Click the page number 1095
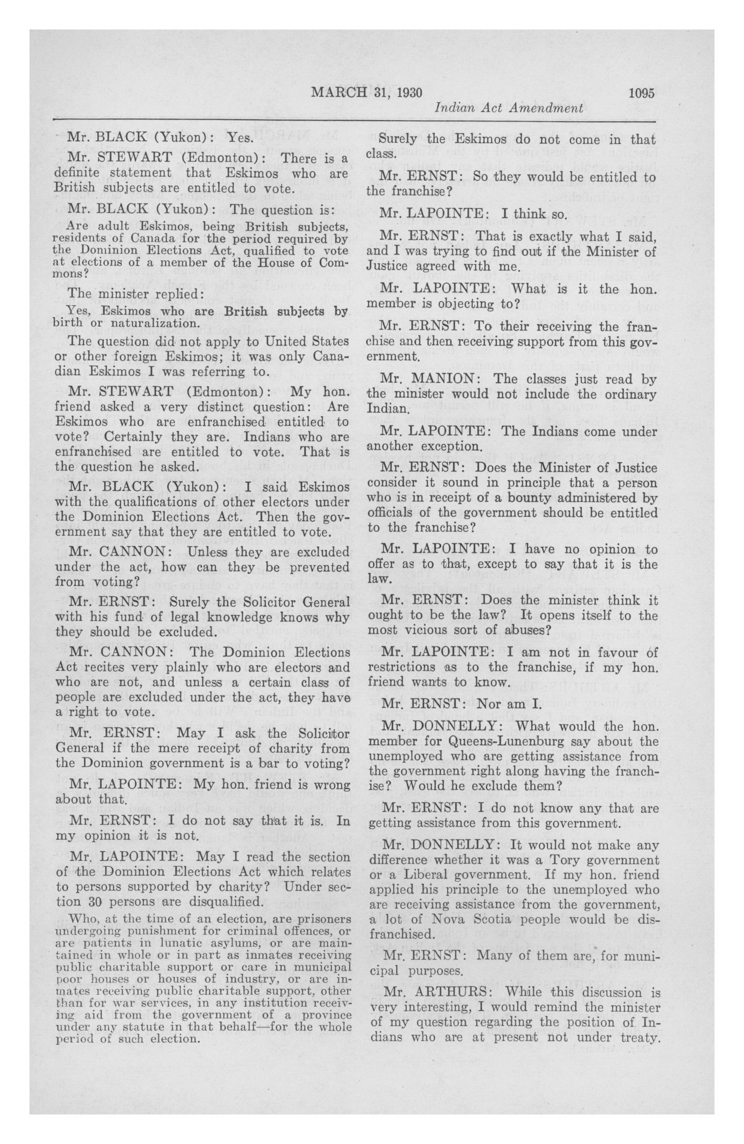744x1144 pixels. [641, 93]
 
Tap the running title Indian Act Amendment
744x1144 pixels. [508, 109]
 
